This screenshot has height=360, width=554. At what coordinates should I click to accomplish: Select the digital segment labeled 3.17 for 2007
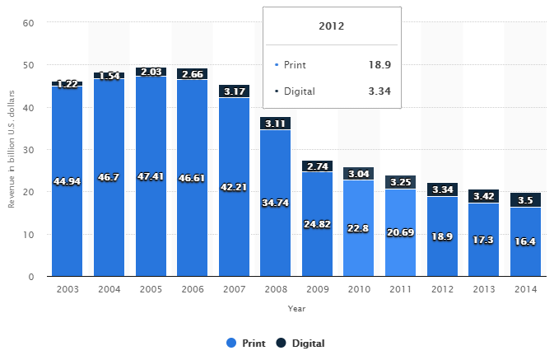234,91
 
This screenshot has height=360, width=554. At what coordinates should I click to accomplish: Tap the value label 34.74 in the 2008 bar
275,203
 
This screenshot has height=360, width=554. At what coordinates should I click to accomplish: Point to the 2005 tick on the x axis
150,290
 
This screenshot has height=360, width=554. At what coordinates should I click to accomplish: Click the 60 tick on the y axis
28,23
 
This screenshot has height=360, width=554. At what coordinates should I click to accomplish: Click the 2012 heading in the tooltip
332,26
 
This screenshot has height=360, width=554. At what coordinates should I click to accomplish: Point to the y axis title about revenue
11,149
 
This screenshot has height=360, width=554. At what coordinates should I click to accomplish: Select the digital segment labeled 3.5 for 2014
525,199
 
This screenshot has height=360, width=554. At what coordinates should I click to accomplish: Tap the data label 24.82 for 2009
317,224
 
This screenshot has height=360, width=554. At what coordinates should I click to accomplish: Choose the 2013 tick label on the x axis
483,290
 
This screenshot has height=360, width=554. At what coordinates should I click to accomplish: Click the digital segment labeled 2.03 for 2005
151,72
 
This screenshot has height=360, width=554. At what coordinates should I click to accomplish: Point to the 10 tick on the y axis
28,235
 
